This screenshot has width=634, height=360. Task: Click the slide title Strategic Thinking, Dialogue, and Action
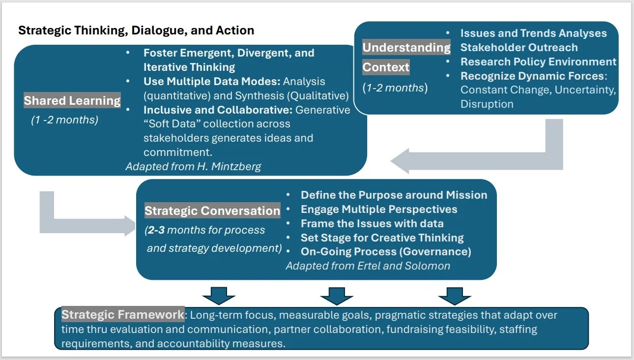136,30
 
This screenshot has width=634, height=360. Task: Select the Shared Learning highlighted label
72,101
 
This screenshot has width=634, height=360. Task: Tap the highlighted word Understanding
406,48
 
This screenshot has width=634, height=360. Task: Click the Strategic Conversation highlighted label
212,211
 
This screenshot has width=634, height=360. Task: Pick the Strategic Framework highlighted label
123,315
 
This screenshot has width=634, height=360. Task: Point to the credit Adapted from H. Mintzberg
193,166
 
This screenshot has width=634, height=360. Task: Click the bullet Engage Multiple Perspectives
379,210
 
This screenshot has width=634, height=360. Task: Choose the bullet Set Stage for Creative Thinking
382,238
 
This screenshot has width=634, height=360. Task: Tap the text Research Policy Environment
538,62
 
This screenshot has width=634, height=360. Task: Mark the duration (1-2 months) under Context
395,88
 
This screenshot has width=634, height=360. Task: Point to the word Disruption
487,104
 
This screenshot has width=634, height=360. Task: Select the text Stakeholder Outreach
519,48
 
